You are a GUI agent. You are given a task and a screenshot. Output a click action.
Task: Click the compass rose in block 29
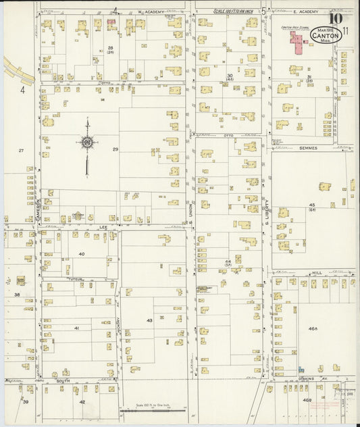pyautogui.click(x=87, y=142)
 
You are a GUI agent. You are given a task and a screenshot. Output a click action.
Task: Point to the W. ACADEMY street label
pyautogui.click(x=152, y=11)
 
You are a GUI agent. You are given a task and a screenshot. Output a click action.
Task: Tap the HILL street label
pyautogui.click(x=315, y=272)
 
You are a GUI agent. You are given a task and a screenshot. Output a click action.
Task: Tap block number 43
pyautogui.click(x=149, y=320)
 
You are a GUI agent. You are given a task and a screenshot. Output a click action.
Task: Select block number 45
pyautogui.click(x=312, y=205)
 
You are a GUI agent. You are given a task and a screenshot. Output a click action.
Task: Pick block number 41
pyautogui.click(x=77, y=328)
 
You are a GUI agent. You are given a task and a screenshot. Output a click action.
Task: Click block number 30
pyautogui.click(x=230, y=76)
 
